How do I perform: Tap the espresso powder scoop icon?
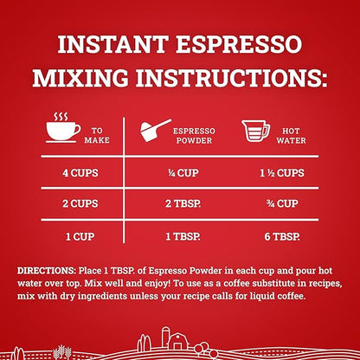point(156,130)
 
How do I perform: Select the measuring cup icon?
point(255,131)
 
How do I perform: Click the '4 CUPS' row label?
point(80,173)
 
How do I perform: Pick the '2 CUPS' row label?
point(80,203)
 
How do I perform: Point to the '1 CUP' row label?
point(80,237)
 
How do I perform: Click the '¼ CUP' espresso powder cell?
point(183,173)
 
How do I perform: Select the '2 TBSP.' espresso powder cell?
point(183,203)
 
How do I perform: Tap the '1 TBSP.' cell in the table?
point(183,237)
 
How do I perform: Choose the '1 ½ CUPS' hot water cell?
point(282,173)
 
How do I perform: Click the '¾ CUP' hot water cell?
point(282,203)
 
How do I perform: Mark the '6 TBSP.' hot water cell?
point(282,237)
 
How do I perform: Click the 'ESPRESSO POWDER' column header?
point(194,136)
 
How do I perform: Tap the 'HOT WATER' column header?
point(291,136)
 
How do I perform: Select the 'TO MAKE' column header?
point(97,135)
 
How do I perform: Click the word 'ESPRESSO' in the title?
point(239,44)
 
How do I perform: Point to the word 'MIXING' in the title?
point(80,77)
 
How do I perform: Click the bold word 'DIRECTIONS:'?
point(47,271)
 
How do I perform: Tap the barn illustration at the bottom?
point(178,342)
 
